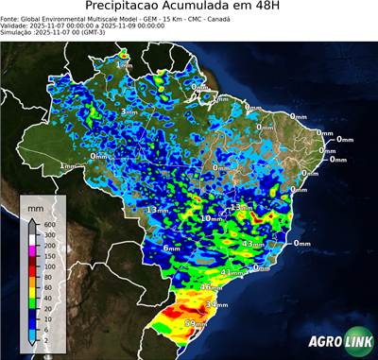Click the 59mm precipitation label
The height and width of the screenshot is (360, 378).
click(x=196, y=325)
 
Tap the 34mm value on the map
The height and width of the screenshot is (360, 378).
click(x=217, y=305)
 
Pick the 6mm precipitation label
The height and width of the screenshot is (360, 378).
click(x=171, y=249)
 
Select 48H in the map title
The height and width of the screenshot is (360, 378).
click(x=276, y=8)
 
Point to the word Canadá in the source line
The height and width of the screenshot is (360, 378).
click(x=218, y=18)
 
